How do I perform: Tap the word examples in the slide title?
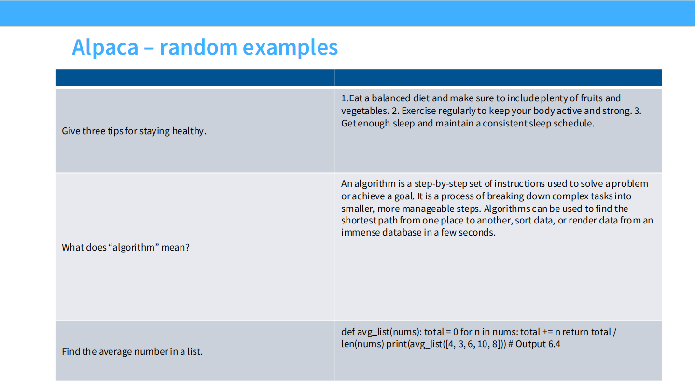pos(290,47)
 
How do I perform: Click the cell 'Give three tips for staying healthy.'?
pos(134,131)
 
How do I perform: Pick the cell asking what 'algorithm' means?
pos(126,247)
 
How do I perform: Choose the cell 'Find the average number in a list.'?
pos(132,351)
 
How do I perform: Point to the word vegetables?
pos(364,111)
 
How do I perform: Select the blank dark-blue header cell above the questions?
pos(195,78)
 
